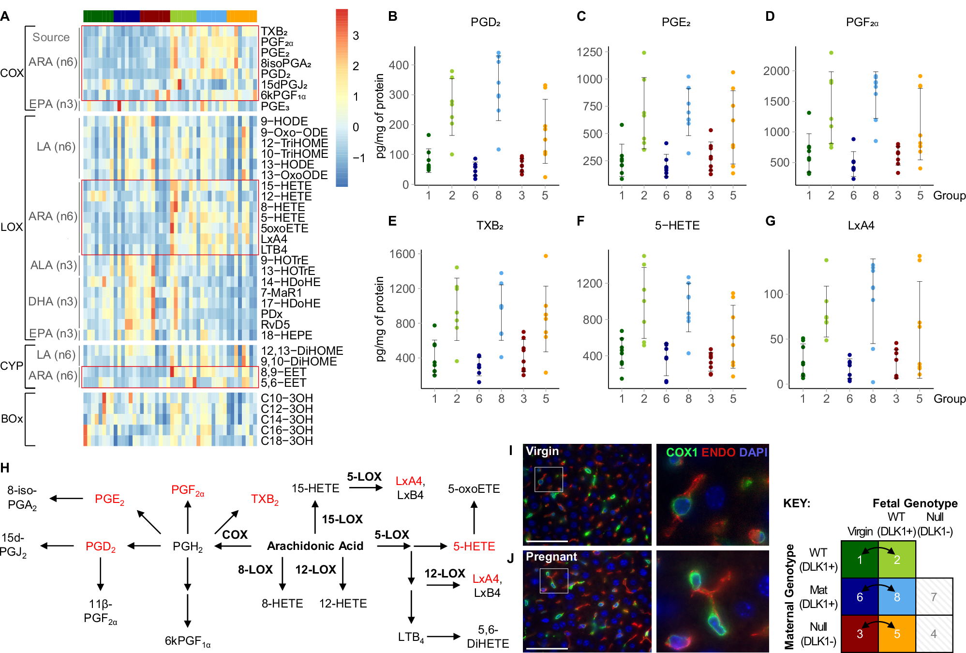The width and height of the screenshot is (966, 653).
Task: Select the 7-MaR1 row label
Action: [281, 293]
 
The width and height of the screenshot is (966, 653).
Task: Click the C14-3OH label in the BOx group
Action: [286, 420]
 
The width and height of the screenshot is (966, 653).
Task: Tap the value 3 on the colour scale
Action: [356, 36]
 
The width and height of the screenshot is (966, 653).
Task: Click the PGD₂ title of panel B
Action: [485, 22]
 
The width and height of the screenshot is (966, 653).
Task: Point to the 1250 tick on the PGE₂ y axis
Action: [589, 52]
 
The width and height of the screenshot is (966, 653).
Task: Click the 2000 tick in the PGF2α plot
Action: [776, 71]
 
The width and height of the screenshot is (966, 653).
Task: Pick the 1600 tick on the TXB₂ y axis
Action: [402, 254]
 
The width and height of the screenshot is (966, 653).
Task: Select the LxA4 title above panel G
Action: [861, 226]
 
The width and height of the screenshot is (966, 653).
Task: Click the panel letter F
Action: [580, 221]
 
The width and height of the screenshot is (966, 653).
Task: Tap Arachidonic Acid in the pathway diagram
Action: [315, 546]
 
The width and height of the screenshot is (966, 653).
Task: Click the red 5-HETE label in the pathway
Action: [474, 547]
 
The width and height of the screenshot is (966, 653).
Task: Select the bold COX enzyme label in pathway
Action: [235, 534]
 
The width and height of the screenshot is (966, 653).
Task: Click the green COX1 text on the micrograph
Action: [681, 452]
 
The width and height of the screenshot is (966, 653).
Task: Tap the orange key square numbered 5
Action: [896, 634]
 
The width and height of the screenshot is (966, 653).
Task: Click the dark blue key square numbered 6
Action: [860, 597]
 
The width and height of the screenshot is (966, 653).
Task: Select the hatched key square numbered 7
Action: [934, 597]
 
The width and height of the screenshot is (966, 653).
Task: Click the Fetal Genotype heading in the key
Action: [914, 503]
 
